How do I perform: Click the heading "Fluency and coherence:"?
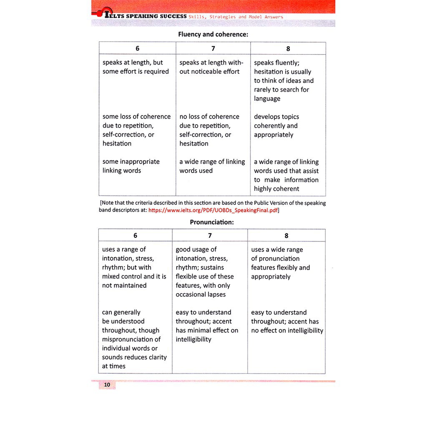[x=213, y=34]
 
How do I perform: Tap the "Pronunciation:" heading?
[x=212, y=222]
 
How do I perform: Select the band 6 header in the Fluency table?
[x=138, y=48]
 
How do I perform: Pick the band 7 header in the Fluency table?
[x=213, y=48]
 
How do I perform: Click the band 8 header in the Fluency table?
[x=288, y=48]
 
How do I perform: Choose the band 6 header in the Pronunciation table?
[x=135, y=236]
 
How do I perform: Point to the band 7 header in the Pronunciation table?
[x=210, y=236]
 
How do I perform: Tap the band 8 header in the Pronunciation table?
[x=286, y=236]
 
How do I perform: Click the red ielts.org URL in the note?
[x=213, y=210]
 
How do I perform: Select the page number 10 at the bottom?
[x=107, y=385]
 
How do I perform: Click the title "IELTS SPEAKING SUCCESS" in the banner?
[x=145, y=16]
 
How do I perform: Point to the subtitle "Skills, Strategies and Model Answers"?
[x=236, y=17]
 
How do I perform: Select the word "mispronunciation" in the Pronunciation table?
[x=131, y=339]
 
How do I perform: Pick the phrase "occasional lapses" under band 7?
[x=201, y=294]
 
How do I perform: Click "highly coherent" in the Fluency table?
[x=276, y=189]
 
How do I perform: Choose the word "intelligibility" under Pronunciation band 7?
[x=193, y=339]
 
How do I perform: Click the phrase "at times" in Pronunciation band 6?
[x=114, y=366]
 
